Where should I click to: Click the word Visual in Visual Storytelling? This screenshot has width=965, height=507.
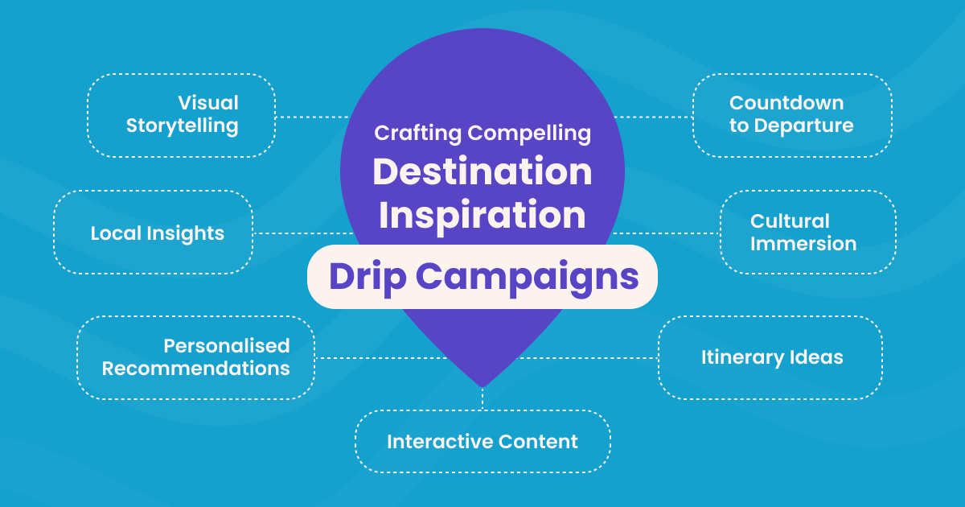click(x=208, y=103)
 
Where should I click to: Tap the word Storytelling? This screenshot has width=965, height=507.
click(x=183, y=126)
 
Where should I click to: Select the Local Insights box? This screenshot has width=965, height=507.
click(x=154, y=233)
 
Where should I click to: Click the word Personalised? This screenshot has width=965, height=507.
click(x=227, y=346)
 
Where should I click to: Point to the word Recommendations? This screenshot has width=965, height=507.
click(x=195, y=369)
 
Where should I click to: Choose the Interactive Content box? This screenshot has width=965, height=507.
click(x=482, y=442)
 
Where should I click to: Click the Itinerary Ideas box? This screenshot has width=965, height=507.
click(x=770, y=357)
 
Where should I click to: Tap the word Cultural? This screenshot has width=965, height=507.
click(x=790, y=221)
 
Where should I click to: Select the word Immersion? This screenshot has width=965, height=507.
click(x=803, y=244)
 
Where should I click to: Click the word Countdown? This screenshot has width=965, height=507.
click(x=786, y=103)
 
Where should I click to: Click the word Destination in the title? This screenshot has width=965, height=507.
click(x=482, y=171)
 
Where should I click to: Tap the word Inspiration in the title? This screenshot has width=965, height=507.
click(x=482, y=215)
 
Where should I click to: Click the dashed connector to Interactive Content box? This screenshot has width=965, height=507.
click(x=482, y=399)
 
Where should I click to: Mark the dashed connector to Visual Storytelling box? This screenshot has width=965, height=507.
click(x=310, y=117)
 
